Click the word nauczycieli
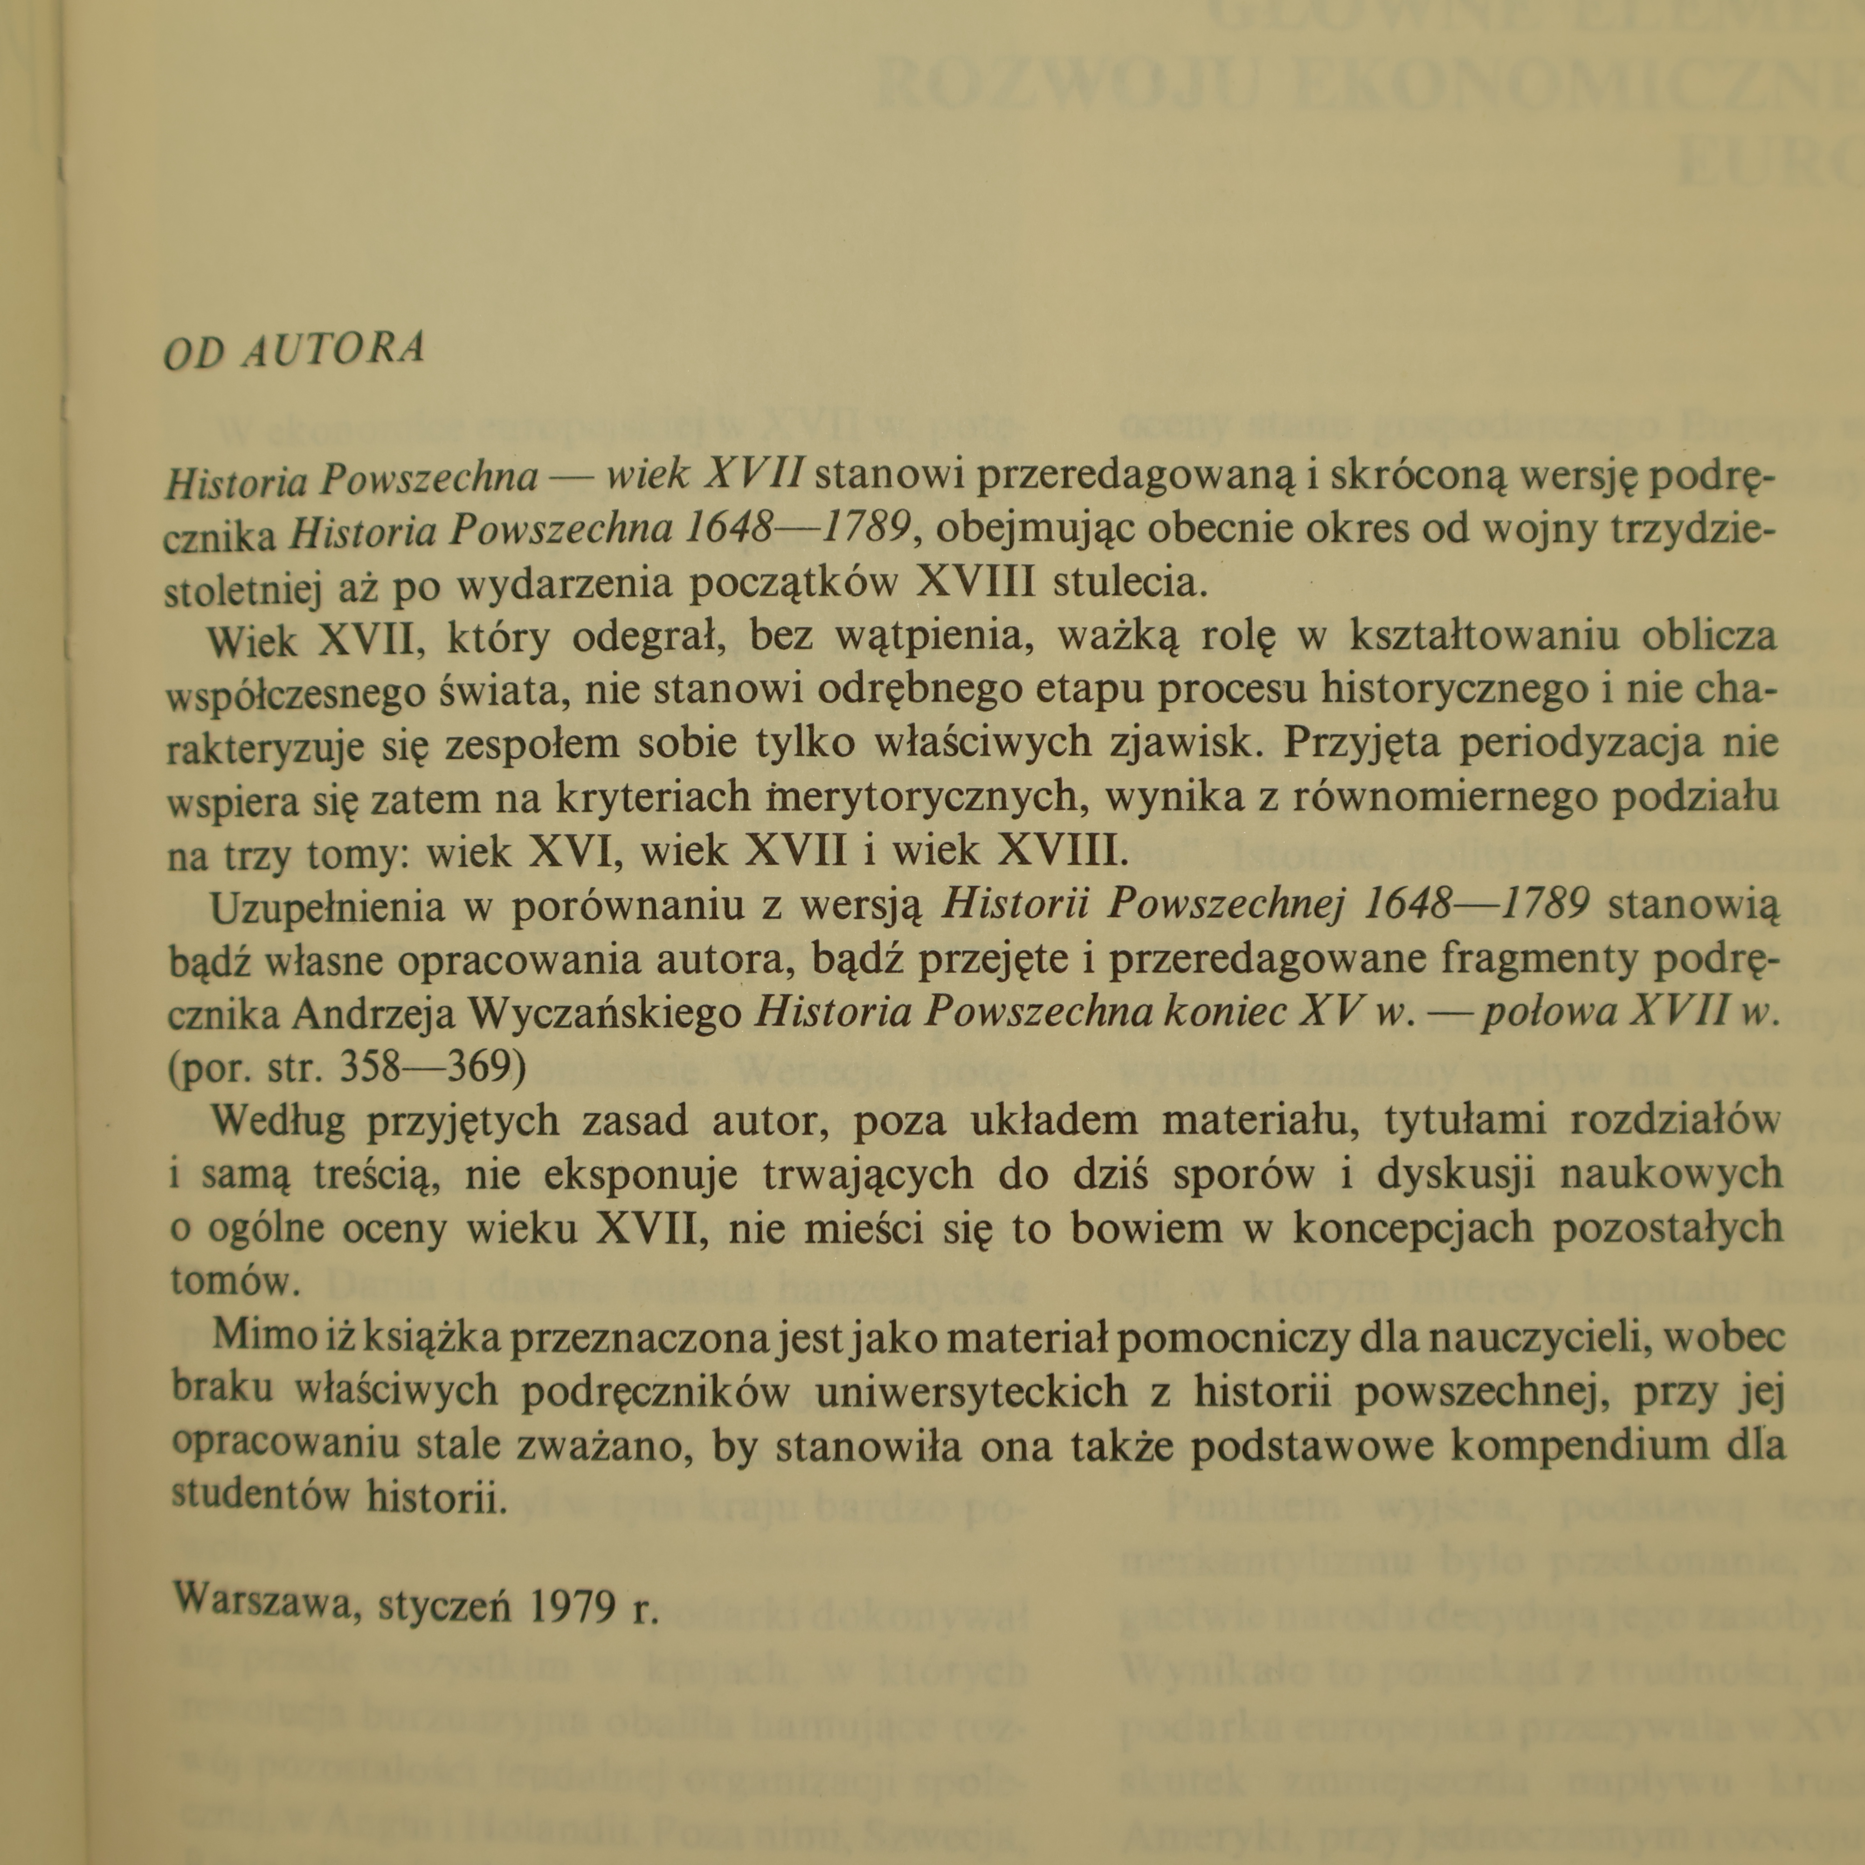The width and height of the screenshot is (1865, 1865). pos(1539,1335)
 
